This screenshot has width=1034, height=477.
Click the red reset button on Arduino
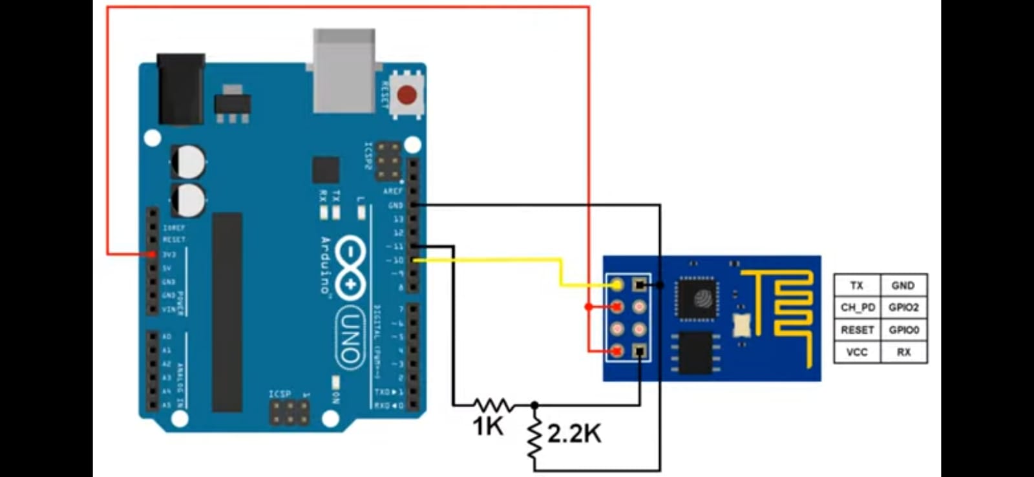pos(406,96)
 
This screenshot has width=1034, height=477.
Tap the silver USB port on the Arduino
pos(344,71)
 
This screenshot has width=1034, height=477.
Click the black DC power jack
pos(181,89)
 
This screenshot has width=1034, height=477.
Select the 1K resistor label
pos(487,427)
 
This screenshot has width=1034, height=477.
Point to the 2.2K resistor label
pos(574,434)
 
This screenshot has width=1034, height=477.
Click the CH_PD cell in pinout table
pos(857,308)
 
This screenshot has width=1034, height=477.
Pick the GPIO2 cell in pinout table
pos(903,308)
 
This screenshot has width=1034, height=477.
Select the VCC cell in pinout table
pos(857,352)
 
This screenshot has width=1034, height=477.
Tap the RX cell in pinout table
pos(903,352)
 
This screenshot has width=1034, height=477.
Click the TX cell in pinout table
pos(857,285)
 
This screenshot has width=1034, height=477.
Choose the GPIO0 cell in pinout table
pos(903,330)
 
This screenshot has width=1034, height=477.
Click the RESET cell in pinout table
pos(857,330)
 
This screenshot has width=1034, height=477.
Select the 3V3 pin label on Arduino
pos(169,255)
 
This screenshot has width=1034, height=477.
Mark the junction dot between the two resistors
pos(534,405)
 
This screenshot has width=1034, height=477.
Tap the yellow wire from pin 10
pos(504,260)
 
